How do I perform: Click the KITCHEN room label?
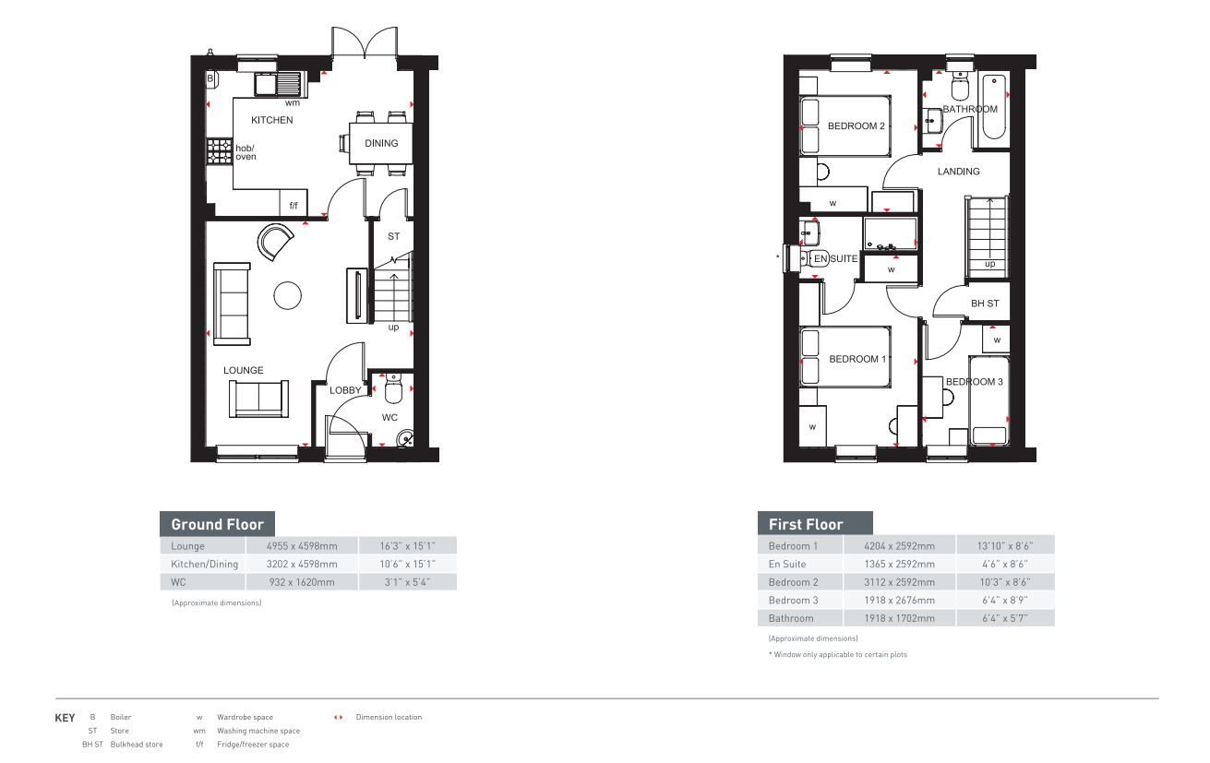[272, 120]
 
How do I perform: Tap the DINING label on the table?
[381, 143]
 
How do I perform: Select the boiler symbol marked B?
[210, 79]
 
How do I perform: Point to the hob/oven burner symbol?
[220, 151]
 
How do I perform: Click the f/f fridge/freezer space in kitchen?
[294, 205]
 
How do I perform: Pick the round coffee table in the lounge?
[287, 295]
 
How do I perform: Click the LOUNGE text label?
[243, 371]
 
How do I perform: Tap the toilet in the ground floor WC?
[392, 392]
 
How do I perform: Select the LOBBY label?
[346, 390]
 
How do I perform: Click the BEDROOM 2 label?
[856, 126]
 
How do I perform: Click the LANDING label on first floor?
[958, 172]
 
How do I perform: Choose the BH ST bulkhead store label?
[984, 304]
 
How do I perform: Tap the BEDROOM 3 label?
[974, 382]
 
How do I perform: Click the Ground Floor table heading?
[218, 524]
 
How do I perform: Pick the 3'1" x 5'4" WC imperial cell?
[406, 582]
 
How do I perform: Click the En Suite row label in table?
[787, 564]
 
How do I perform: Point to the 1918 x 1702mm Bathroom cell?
[899, 618]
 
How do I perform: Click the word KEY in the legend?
[66, 718]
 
